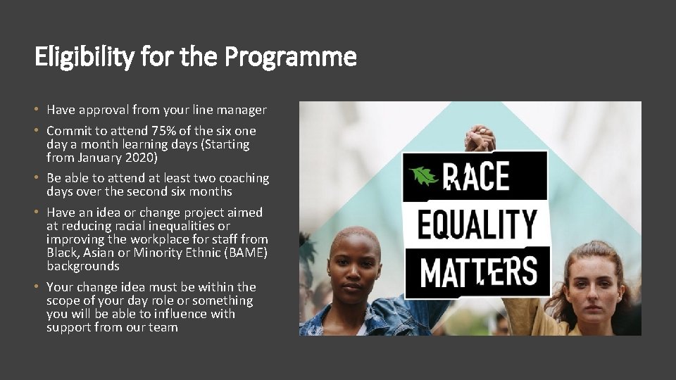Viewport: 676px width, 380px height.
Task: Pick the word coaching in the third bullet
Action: click(243, 178)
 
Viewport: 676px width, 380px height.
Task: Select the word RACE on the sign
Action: click(479, 176)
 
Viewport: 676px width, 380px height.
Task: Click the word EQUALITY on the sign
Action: click(476, 224)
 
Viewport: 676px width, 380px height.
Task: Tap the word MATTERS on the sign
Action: click(478, 272)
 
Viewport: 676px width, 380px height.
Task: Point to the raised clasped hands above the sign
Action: click(481, 138)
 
